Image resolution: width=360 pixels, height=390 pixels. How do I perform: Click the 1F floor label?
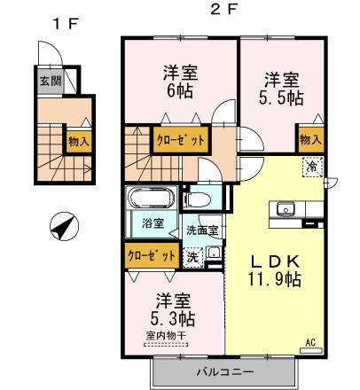click(63, 25)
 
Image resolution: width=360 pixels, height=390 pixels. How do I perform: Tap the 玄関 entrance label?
click(50, 81)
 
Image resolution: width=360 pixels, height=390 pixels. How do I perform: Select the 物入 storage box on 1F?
click(79, 139)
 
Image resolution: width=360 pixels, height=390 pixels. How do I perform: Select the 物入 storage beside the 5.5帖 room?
click(309, 139)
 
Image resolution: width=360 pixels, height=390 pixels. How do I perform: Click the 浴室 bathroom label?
click(152, 223)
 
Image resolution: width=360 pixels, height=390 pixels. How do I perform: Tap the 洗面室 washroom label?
click(201, 231)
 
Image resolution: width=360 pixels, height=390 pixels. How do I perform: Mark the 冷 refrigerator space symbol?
click(312, 165)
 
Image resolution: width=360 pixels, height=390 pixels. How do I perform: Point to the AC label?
click(310, 341)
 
